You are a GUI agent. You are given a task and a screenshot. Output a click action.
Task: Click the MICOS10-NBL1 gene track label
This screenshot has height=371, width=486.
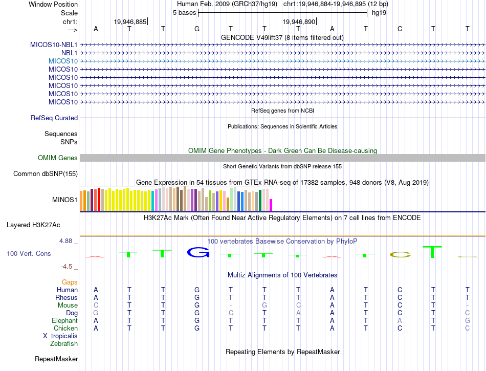point(54,45)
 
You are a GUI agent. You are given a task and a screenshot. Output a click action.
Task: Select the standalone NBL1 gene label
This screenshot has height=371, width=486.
point(69,53)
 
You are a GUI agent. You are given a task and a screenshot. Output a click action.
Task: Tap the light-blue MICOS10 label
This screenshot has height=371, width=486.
point(63,61)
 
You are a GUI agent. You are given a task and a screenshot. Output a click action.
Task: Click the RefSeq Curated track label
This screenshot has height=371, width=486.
point(54,118)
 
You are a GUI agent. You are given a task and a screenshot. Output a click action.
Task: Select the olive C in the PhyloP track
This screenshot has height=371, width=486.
point(400,254)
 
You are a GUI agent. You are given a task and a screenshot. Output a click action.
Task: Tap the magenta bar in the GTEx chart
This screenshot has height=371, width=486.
point(271,205)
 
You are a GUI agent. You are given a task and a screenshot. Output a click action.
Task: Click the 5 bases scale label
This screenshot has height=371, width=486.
point(184,13)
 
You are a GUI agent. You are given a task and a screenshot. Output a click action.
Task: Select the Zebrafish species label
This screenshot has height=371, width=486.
point(64,344)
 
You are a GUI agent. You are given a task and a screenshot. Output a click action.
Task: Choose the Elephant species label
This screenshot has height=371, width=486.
point(64,321)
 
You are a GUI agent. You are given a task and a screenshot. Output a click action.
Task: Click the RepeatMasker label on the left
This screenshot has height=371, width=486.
point(56,359)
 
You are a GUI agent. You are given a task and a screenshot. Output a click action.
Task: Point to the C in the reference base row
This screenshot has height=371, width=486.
point(400,29)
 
